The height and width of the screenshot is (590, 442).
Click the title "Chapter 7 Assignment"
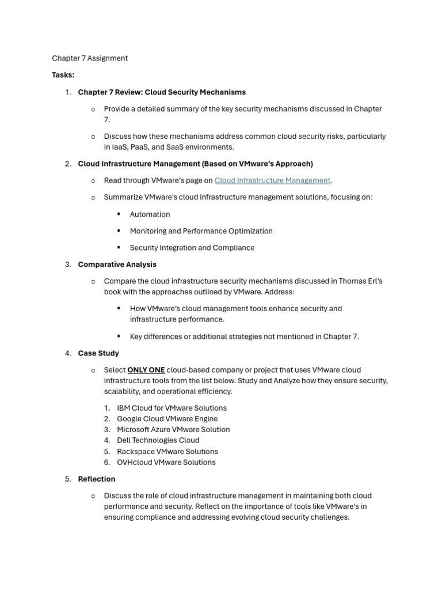coord(90,58)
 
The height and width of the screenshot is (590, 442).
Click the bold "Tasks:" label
coord(63,75)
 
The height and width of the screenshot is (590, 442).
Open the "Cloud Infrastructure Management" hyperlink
coord(272,180)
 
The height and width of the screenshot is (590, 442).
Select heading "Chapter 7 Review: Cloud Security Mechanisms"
coord(162,92)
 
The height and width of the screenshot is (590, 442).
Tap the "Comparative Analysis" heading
coord(117,264)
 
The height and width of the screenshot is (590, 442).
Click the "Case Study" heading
coord(98,353)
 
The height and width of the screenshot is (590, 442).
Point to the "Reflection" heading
coord(97,479)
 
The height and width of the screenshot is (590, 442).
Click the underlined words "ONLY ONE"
coord(146,370)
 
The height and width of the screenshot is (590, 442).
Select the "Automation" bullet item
coord(150,214)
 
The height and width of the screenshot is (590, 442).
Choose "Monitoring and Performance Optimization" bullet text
coord(201,231)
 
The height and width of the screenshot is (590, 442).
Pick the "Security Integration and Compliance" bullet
coord(192,248)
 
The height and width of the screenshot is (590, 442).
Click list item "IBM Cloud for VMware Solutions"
coord(172,408)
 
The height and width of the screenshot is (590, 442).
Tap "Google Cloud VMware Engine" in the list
coord(167,419)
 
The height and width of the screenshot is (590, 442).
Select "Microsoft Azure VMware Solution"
coord(173,429)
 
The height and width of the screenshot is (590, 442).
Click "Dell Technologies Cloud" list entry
coord(158,440)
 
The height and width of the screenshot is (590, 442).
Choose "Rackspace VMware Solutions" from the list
coord(167,451)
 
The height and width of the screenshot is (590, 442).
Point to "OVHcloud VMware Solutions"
coord(166,462)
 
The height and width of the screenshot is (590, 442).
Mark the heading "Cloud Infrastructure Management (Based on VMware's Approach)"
coord(195,164)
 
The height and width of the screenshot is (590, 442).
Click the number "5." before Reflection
coord(68,479)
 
